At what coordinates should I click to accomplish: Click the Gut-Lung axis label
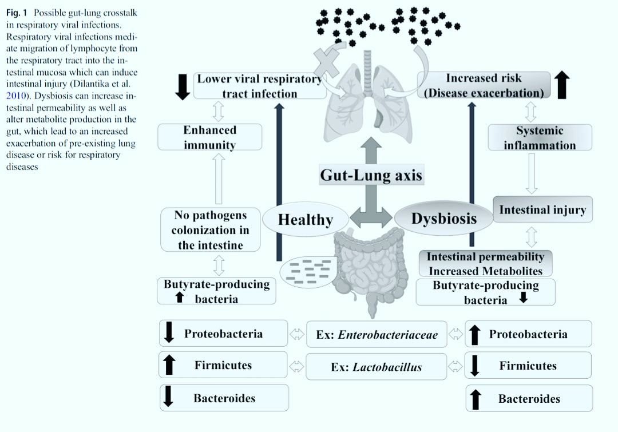(371, 175)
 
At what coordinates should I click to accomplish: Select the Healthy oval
(306, 219)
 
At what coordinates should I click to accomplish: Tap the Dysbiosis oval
(444, 218)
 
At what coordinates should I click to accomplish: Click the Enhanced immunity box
(209, 137)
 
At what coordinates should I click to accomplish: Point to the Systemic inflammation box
(540, 137)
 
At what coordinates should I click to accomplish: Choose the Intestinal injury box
(542, 209)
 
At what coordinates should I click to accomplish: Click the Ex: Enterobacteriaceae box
(377, 334)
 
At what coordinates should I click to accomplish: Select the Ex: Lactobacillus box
(377, 367)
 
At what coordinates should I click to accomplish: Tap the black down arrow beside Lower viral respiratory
(183, 87)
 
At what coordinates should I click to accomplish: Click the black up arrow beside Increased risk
(562, 85)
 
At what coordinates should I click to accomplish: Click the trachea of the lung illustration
(368, 73)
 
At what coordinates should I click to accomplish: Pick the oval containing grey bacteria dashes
(308, 272)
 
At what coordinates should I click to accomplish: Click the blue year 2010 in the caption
(16, 96)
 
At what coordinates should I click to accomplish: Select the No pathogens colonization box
(211, 230)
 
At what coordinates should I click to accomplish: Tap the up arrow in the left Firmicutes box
(169, 364)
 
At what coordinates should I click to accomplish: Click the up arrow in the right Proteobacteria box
(475, 335)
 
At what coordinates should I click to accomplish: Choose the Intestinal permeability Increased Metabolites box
(485, 263)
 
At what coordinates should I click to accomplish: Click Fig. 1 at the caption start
(17, 13)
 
